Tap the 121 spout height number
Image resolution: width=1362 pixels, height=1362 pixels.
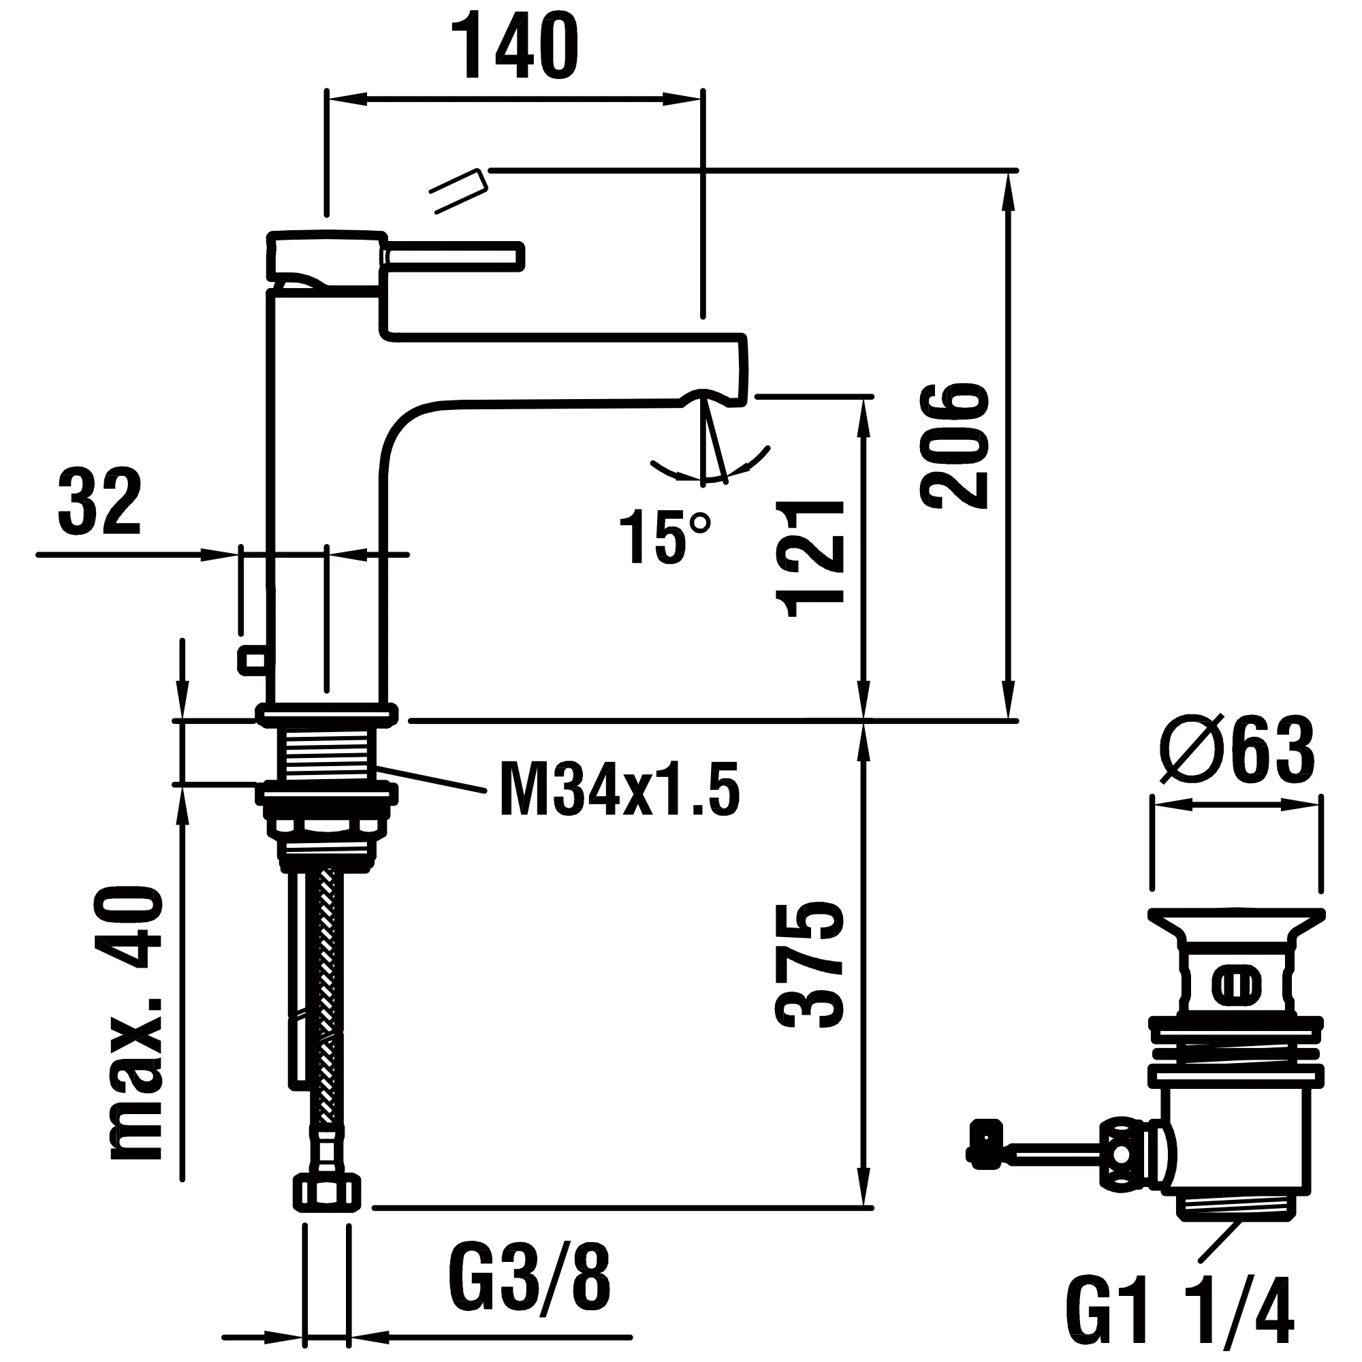810,558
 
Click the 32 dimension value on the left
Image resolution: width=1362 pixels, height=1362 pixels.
99,502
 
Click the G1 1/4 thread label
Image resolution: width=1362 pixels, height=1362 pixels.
1179,1308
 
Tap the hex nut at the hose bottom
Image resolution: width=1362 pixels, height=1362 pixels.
326,1192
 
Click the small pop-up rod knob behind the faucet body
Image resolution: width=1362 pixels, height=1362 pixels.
252,659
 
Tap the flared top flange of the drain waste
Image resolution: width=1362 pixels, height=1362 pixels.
1236,921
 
